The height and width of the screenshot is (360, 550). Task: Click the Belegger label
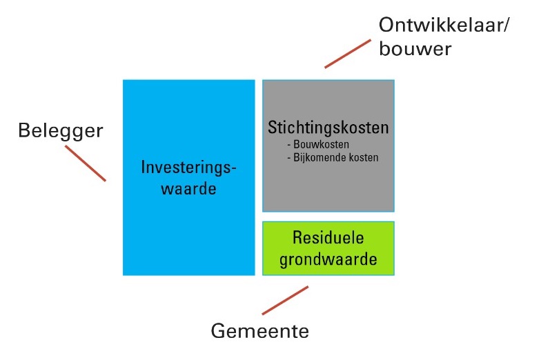coord(60,131)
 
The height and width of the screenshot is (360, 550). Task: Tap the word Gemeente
coord(260,331)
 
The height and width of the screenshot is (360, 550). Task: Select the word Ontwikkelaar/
coord(443,26)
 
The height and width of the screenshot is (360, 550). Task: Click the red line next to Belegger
coord(86,163)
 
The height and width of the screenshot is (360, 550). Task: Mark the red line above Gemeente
coord(285,300)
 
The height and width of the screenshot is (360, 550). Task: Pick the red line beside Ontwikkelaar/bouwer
coord(348,54)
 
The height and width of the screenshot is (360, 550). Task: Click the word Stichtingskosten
coord(328,128)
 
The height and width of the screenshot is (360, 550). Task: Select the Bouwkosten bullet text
coord(318,144)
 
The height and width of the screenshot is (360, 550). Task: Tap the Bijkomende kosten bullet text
coord(333,157)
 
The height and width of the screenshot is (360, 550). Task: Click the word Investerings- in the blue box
coord(188,168)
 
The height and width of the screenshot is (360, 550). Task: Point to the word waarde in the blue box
coord(188,189)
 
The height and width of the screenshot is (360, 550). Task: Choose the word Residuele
coord(328,238)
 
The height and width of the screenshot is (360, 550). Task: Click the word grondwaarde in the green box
coord(328,260)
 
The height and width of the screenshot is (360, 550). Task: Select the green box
coord(328,248)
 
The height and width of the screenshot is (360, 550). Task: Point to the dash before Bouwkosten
coord(289,145)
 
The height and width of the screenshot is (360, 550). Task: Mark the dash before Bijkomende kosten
coord(289,158)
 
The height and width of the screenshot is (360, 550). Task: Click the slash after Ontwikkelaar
coord(505,26)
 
